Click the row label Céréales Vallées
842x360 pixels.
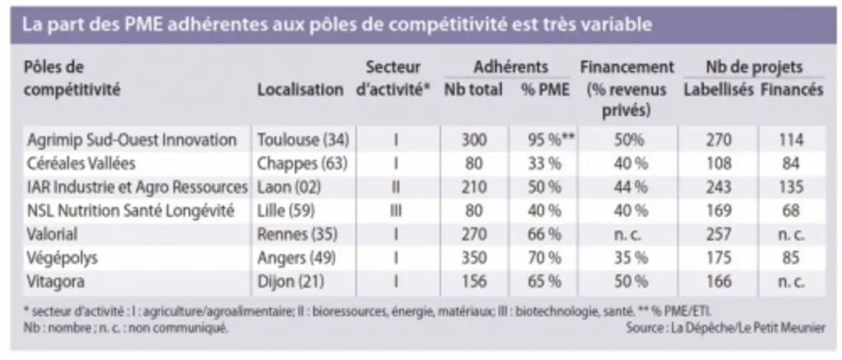81,163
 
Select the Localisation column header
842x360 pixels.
300,90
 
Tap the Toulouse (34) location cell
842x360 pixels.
303,140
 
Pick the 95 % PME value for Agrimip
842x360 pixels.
551,140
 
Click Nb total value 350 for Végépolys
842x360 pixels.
474,258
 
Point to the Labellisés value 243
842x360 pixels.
719,187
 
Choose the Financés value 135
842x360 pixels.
791,187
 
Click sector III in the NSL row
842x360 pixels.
396,210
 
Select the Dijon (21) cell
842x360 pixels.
290,282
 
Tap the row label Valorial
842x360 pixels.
52,234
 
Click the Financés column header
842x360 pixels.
792,90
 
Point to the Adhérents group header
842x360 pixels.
511,67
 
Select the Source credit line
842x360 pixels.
725,327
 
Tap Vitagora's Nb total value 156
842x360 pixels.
474,282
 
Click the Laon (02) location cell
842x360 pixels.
289,187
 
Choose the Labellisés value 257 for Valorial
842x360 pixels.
719,234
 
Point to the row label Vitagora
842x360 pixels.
56,282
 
